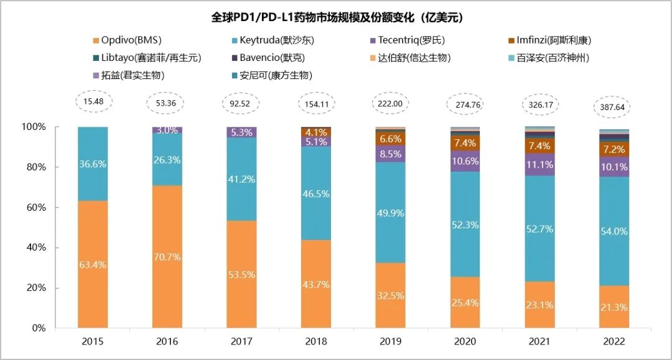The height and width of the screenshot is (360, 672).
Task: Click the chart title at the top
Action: pyautogui.click(x=337, y=17)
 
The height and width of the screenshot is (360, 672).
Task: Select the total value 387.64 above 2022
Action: pyautogui.click(x=614, y=106)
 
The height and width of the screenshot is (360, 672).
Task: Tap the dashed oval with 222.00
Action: pyautogui.click(x=391, y=103)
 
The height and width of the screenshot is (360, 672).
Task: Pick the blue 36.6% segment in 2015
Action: pyautogui.click(x=93, y=164)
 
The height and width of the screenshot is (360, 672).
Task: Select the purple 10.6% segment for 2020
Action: pyautogui.click(x=465, y=161)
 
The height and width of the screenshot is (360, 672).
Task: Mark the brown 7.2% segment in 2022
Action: pyautogui.click(x=614, y=150)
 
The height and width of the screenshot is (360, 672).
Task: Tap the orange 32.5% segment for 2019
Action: pyautogui.click(x=391, y=295)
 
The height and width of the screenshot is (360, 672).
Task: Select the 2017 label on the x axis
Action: pyautogui.click(x=242, y=341)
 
